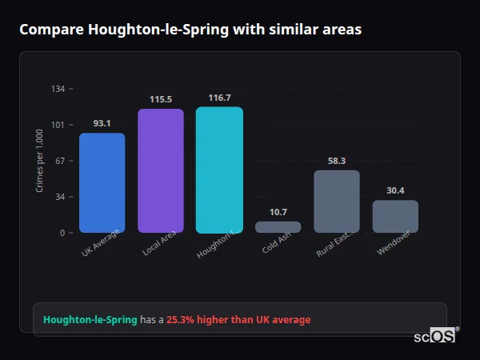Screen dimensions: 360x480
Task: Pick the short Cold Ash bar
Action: coord(278,227)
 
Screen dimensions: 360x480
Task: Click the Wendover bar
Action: coord(395,216)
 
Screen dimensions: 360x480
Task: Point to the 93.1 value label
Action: coord(102,123)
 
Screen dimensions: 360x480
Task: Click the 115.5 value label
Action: coord(161,99)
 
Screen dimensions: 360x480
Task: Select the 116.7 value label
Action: coord(219,98)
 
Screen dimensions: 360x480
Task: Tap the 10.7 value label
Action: coord(278,212)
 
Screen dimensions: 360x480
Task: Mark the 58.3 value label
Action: coord(337,161)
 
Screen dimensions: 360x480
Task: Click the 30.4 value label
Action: coord(395,190)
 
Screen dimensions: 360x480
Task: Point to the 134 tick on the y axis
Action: coord(58,89)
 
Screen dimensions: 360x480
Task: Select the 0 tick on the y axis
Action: coord(62,233)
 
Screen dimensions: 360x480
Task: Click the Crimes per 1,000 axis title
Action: coord(39,161)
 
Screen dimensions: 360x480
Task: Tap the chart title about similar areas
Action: coord(190,30)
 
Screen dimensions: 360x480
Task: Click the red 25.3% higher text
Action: coord(238,320)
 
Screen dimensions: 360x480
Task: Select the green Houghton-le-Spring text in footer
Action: coord(90,320)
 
